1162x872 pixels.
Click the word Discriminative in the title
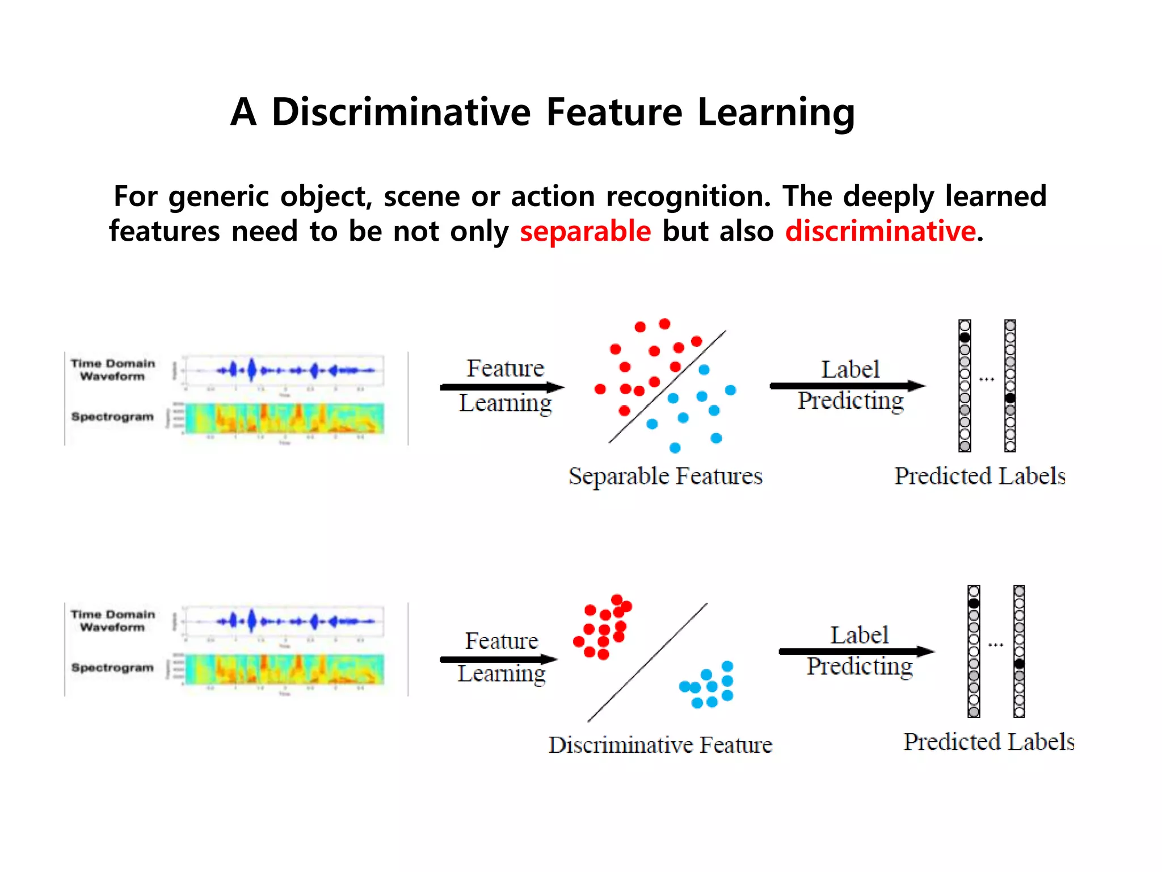401,112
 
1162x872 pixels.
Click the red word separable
585,232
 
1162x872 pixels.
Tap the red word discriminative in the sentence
880,232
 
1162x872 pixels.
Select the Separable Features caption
665,476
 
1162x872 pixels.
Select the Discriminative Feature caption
660,745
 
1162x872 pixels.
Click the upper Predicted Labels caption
980,476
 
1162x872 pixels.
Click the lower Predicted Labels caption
989,742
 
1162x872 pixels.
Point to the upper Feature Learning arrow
502,387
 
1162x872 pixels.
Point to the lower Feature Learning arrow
498,659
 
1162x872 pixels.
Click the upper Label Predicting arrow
847,386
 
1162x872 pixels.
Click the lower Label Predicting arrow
856,652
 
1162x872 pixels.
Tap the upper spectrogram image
284,418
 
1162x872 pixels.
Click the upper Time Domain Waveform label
112,370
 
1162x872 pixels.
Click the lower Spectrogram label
112,668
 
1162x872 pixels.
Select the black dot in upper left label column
965,338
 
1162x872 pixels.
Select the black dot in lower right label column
1019,664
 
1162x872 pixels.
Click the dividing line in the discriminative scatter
647,663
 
